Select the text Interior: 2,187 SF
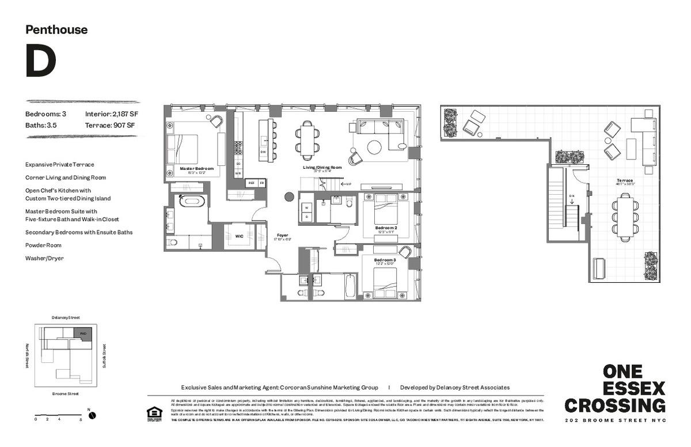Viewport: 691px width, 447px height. (x=112, y=114)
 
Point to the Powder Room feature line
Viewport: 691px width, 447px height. (x=44, y=245)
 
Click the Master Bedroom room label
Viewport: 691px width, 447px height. (x=196, y=169)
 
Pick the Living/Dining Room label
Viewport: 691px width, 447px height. (x=322, y=168)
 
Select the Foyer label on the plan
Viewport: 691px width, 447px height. (x=283, y=235)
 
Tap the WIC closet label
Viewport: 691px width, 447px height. (x=238, y=236)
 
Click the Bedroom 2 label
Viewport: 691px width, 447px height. (x=386, y=228)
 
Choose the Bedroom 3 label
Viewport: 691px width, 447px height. (x=385, y=260)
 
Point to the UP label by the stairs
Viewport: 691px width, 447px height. (x=347, y=184)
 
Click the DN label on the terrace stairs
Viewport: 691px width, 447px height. (x=572, y=195)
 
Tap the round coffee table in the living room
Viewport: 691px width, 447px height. (x=374, y=147)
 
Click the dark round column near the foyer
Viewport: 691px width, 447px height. (x=289, y=197)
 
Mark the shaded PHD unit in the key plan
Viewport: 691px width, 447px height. (x=82, y=334)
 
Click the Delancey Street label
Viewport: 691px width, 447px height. (x=66, y=317)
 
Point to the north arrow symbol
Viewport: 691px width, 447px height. (x=92, y=415)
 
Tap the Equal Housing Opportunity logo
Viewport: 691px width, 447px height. (x=154, y=414)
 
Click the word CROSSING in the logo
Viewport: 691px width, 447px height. (x=615, y=405)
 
